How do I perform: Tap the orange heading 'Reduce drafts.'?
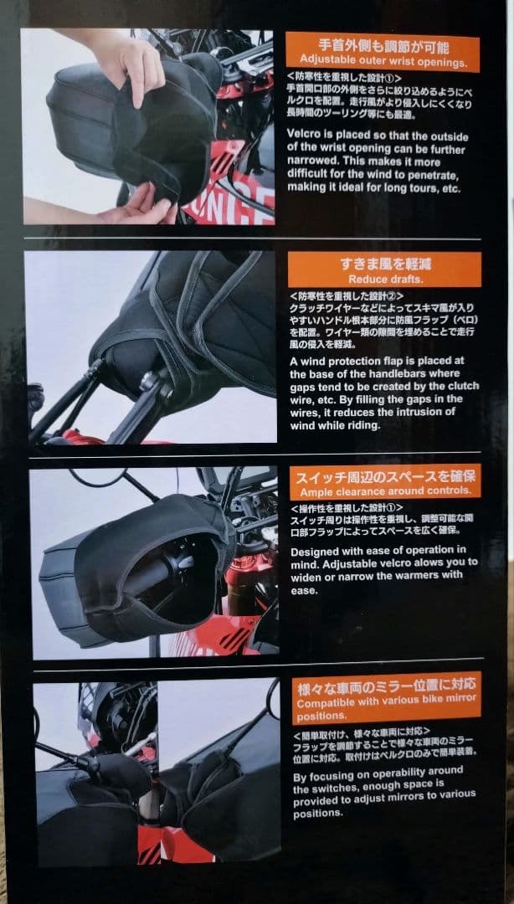tap(384, 278)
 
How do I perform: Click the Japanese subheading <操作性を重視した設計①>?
tap(346, 508)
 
